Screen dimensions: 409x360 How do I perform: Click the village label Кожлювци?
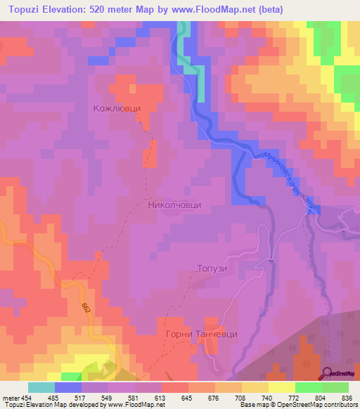coord(117,109)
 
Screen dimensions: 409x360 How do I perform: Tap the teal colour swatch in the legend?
coord(41,387)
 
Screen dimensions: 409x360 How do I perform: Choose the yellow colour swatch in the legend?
coord(282,387)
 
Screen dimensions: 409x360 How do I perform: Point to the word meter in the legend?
coord(11,397)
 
